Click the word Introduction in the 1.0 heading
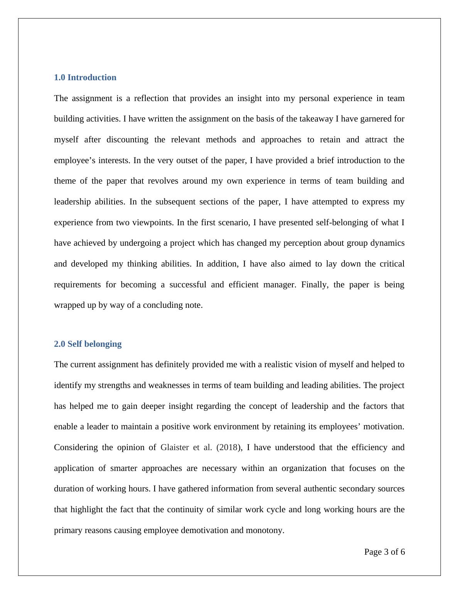[92, 78]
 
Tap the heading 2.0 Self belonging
[88, 344]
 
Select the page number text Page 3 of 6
[384, 552]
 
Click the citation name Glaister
[175, 447]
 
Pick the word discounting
[127, 140]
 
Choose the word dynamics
[387, 243]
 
